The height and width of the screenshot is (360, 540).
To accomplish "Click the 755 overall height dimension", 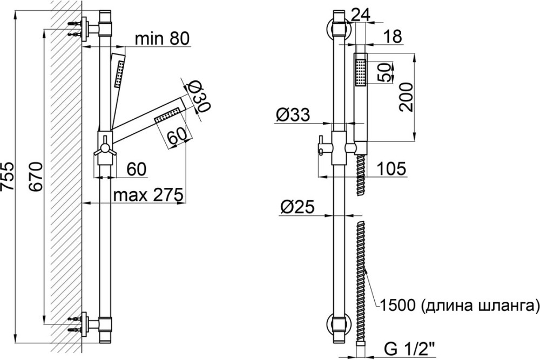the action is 7,176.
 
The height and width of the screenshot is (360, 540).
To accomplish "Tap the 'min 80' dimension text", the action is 162,39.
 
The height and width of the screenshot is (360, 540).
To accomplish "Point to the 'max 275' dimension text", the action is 148,195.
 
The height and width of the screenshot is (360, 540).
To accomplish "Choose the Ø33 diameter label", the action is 293,114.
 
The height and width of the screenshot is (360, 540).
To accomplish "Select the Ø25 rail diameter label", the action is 298,207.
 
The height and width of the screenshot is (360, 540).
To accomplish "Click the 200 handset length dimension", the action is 407,97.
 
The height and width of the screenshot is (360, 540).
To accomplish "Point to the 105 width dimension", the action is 391,168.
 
